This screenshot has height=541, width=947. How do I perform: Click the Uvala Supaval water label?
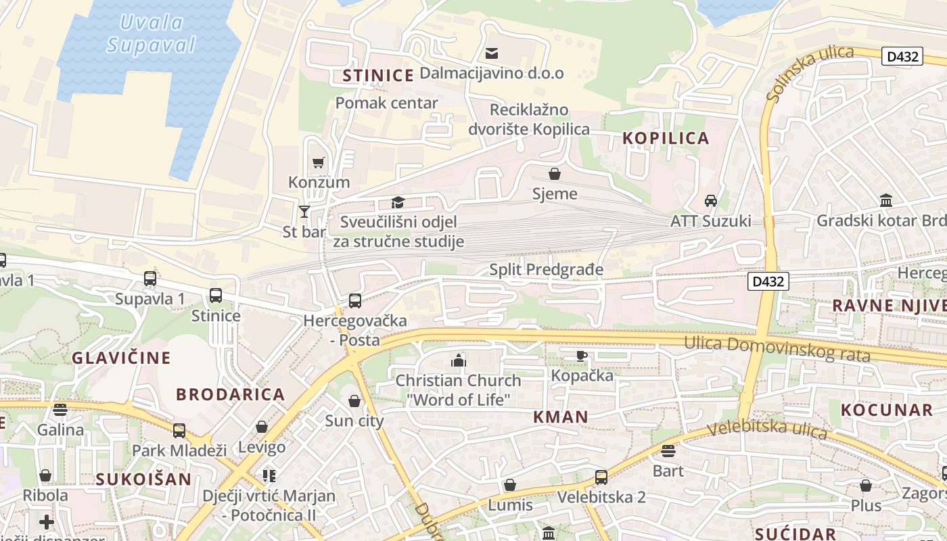click(151, 34)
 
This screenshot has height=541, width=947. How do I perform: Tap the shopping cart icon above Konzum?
click(318, 162)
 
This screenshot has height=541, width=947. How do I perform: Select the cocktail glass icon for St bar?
click(304, 212)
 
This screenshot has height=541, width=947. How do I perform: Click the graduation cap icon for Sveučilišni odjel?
click(398, 202)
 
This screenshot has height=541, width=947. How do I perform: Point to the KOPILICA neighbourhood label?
click(666, 138)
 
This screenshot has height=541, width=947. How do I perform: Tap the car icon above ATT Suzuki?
click(710, 201)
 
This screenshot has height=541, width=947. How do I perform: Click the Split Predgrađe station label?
click(546, 270)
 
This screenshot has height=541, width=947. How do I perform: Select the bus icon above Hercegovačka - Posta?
click(354, 301)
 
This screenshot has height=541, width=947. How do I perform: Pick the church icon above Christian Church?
click(459, 360)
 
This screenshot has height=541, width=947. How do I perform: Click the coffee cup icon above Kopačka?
click(582, 356)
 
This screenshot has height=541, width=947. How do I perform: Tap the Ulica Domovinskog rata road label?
click(777, 348)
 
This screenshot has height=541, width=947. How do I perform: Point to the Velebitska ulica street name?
click(766, 429)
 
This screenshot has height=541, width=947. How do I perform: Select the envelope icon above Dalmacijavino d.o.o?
click(492, 53)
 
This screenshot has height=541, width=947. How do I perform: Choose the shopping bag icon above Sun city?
click(354, 401)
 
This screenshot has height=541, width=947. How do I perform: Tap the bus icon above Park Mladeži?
click(179, 430)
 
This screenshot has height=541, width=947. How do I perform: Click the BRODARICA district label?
click(230, 394)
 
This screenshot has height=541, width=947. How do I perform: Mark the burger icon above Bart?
click(668, 450)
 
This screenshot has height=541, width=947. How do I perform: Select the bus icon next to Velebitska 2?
click(601, 477)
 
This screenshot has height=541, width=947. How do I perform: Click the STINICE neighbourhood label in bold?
click(377, 75)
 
